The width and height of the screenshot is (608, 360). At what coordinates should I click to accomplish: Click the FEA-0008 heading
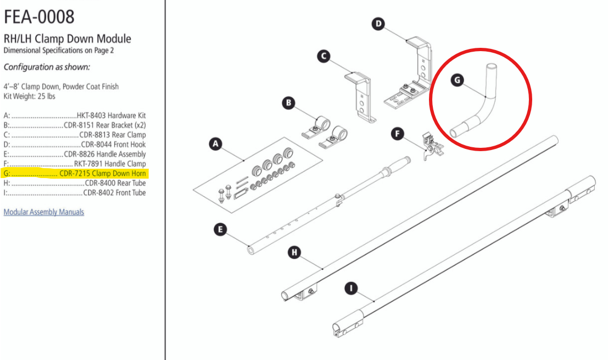click(39, 17)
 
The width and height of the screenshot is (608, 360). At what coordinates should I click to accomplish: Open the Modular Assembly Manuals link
click(44, 212)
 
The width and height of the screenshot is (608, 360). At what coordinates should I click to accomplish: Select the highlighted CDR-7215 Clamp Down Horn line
click(75, 174)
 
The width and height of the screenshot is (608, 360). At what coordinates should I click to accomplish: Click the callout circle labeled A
click(215, 144)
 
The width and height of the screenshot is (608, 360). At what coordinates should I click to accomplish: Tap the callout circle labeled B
click(288, 103)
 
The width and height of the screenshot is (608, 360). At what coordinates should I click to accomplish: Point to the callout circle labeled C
click(323, 56)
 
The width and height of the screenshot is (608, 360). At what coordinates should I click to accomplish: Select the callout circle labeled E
click(220, 230)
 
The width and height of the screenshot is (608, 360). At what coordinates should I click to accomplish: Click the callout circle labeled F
click(398, 134)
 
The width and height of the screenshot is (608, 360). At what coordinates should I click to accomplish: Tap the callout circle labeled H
click(295, 252)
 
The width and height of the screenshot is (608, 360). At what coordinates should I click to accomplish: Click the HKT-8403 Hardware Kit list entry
click(75, 116)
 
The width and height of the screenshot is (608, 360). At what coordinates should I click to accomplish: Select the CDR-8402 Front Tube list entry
click(75, 193)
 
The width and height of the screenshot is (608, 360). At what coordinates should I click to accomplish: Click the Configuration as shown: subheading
click(47, 67)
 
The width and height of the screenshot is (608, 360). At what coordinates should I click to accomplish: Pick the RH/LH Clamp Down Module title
click(68, 39)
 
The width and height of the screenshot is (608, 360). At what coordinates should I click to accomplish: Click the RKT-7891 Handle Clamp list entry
click(75, 164)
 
